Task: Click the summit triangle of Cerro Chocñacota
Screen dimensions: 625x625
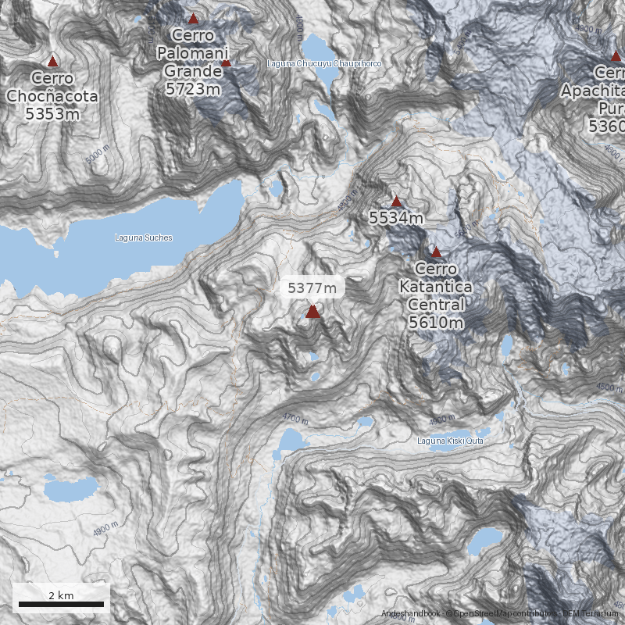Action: [x=52, y=61]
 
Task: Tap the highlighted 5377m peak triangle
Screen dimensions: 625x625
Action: [x=312, y=312]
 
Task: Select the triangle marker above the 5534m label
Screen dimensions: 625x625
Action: [x=396, y=202]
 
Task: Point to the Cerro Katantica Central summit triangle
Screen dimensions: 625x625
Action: [x=436, y=252]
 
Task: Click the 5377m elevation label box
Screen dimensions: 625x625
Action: [x=312, y=287]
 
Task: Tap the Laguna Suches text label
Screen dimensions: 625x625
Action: [x=144, y=237]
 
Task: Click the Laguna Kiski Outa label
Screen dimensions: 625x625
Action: [x=450, y=441]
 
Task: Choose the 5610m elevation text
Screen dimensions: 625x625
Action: [x=435, y=322]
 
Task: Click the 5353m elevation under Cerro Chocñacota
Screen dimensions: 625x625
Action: [x=52, y=114]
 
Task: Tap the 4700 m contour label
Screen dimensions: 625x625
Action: [x=296, y=419]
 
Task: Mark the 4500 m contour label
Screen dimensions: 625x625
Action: [x=609, y=387]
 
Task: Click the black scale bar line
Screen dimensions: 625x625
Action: [x=61, y=604]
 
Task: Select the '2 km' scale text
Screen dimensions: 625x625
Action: [x=61, y=595]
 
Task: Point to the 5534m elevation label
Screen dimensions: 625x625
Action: [x=396, y=219]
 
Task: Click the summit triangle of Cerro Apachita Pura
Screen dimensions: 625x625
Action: [x=616, y=55]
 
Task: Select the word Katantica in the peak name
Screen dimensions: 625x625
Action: [x=435, y=287]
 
